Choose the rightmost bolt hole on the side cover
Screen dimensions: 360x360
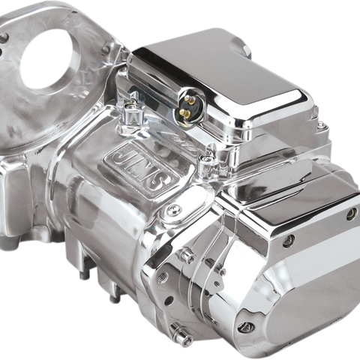click(x=350, y=214)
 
